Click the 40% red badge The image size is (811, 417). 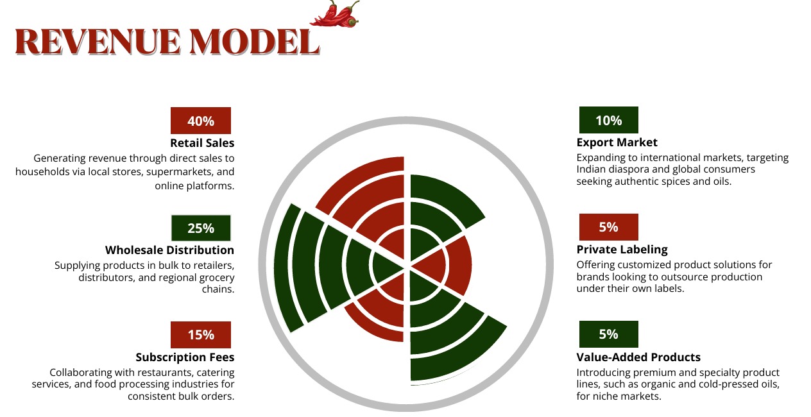click(x=201, y=121)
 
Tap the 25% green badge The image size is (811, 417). click(x=201, y=228)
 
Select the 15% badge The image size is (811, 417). click(x=201, y=335)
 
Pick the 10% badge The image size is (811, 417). click(x=609, y=120)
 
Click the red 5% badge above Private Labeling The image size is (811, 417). click(x=609, y=227)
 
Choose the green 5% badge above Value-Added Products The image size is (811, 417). click(x=609, y=334)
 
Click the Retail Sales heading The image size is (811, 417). click(x=202, y=143)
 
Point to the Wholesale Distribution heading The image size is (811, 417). click(x=170, y=250)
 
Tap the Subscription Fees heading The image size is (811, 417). click(x=185, y=357)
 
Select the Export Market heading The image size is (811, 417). click(x=617, y=142)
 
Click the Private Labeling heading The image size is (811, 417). click(x=622, y=250)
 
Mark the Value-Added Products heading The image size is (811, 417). click(x=638, y=357)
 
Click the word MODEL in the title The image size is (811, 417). click(x=255, y=42)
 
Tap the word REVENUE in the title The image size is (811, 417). click(x=98, y=42)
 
